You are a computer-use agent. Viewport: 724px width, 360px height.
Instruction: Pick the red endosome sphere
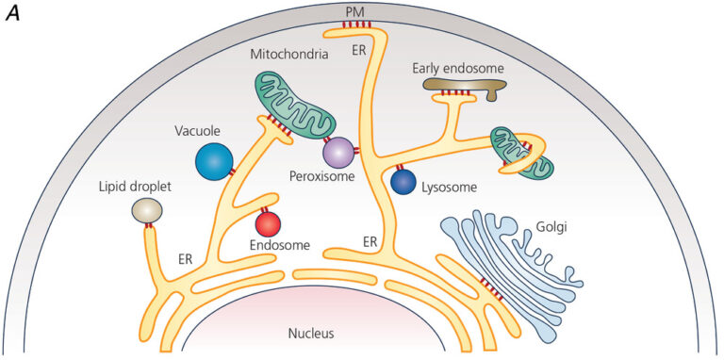[269, 224]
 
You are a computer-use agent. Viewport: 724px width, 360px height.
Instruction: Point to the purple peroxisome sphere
[337, 151]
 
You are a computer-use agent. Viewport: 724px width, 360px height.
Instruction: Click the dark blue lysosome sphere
[403, 182]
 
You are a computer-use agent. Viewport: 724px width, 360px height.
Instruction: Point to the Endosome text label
[279, 246]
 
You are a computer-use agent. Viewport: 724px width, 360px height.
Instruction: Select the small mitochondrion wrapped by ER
[521, 151]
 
